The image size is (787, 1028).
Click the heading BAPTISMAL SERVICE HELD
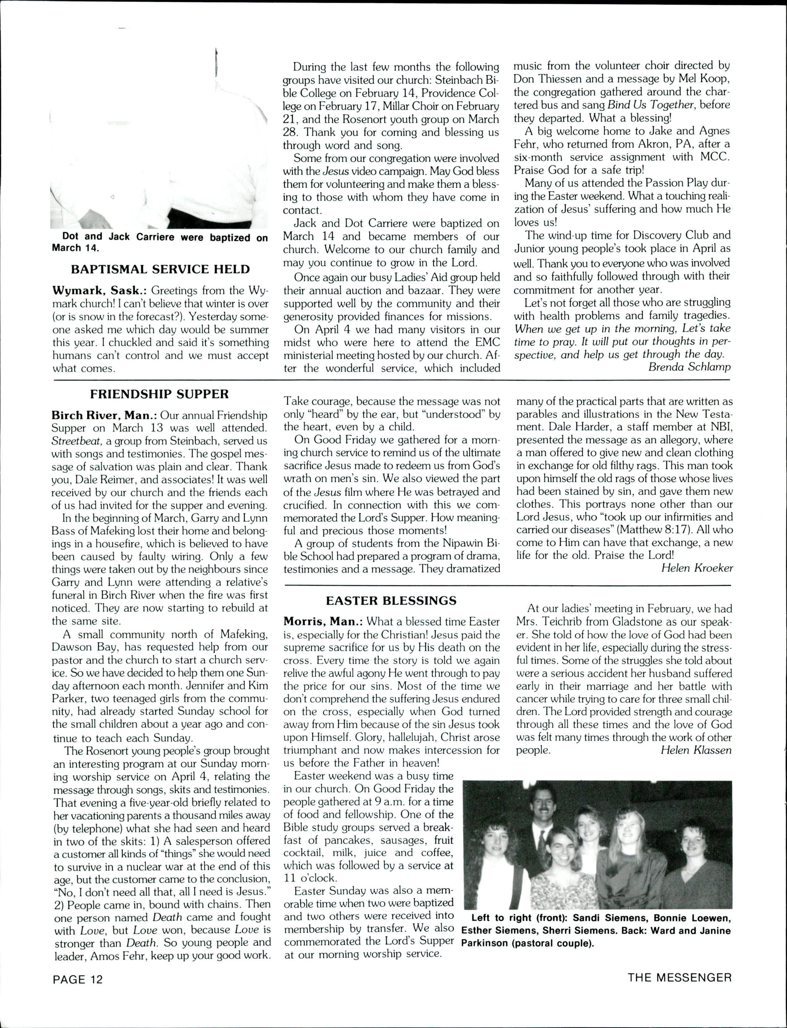(x=160, y=269)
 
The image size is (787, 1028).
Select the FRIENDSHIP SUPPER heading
(x=159, y=394)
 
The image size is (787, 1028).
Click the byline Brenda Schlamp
(x=689, y=367)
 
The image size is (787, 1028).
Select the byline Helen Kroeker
(x=697, y=568)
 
